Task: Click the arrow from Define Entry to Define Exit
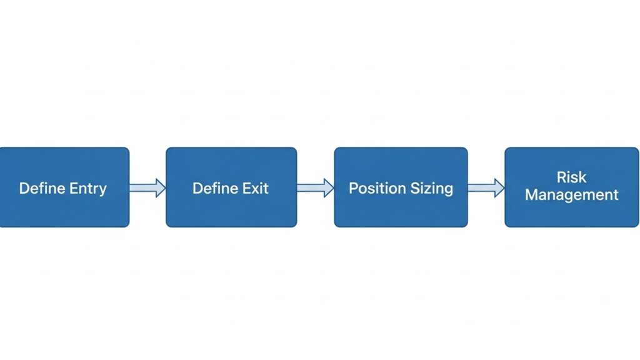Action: click(147, 187)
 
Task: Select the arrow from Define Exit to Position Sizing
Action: click(315, 187)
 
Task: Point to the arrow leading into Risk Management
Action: click(486, 187)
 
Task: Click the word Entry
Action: click(86, 188)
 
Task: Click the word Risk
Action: click(571, 177)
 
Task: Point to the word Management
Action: click(571, 195)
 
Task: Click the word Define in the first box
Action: click(39, 188)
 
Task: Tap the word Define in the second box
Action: click(213, 188)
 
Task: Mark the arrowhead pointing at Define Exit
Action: click(161, 187)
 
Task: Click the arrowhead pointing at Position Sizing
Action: click(329, 187)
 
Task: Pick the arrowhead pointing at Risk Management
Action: click(499, 187)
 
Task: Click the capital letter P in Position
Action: click(352, 188)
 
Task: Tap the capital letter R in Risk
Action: click(561, 177)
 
